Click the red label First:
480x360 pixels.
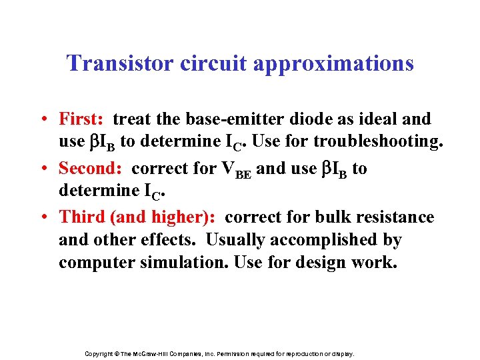[81, 119]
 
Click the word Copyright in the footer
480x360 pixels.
[99, 354]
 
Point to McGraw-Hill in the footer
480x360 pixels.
[154, 354]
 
